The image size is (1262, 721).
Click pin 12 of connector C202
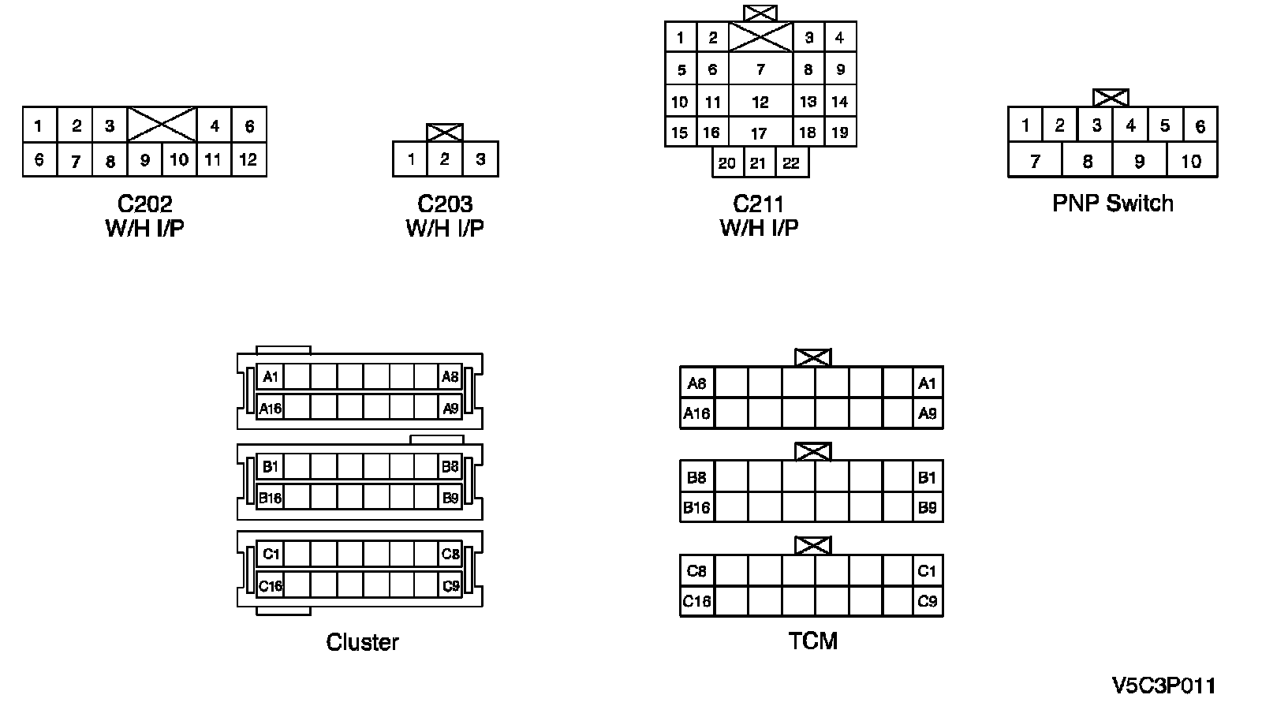click(x=248, y=159)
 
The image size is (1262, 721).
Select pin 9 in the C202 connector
click(x=144, y=159)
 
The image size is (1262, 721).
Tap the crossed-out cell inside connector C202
click(x=162, y=125)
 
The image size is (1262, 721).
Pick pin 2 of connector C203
click(x=445, y=159)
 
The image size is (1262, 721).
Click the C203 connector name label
click(x=445, y=204)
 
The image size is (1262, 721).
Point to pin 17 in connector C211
click(x=759, y=133)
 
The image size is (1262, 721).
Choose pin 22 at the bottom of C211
click(x=791, y=163)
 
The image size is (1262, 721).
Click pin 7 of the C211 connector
click(x=760, y=69)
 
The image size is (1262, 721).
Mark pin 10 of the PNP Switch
click(x=1191, y=162)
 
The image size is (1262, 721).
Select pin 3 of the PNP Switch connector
click(x=1096, y=125)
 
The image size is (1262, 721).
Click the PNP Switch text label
click(x=1112, y=204)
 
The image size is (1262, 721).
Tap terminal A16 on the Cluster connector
click(x=271, y=408)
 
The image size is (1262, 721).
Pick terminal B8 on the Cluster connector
click(x=450, y=466)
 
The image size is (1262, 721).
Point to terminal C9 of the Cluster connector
click(x=450, y=586)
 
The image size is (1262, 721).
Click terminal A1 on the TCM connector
click(x=927, y=383)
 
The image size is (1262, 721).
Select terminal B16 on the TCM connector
click(x=696, y=507)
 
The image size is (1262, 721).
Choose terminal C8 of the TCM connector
click(x=696, y=570)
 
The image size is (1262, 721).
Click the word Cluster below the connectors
click(x=362, y=642)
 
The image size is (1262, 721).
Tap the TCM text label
click(x=812, y=641)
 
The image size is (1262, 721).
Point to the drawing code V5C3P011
click(x=1163, y=686)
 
